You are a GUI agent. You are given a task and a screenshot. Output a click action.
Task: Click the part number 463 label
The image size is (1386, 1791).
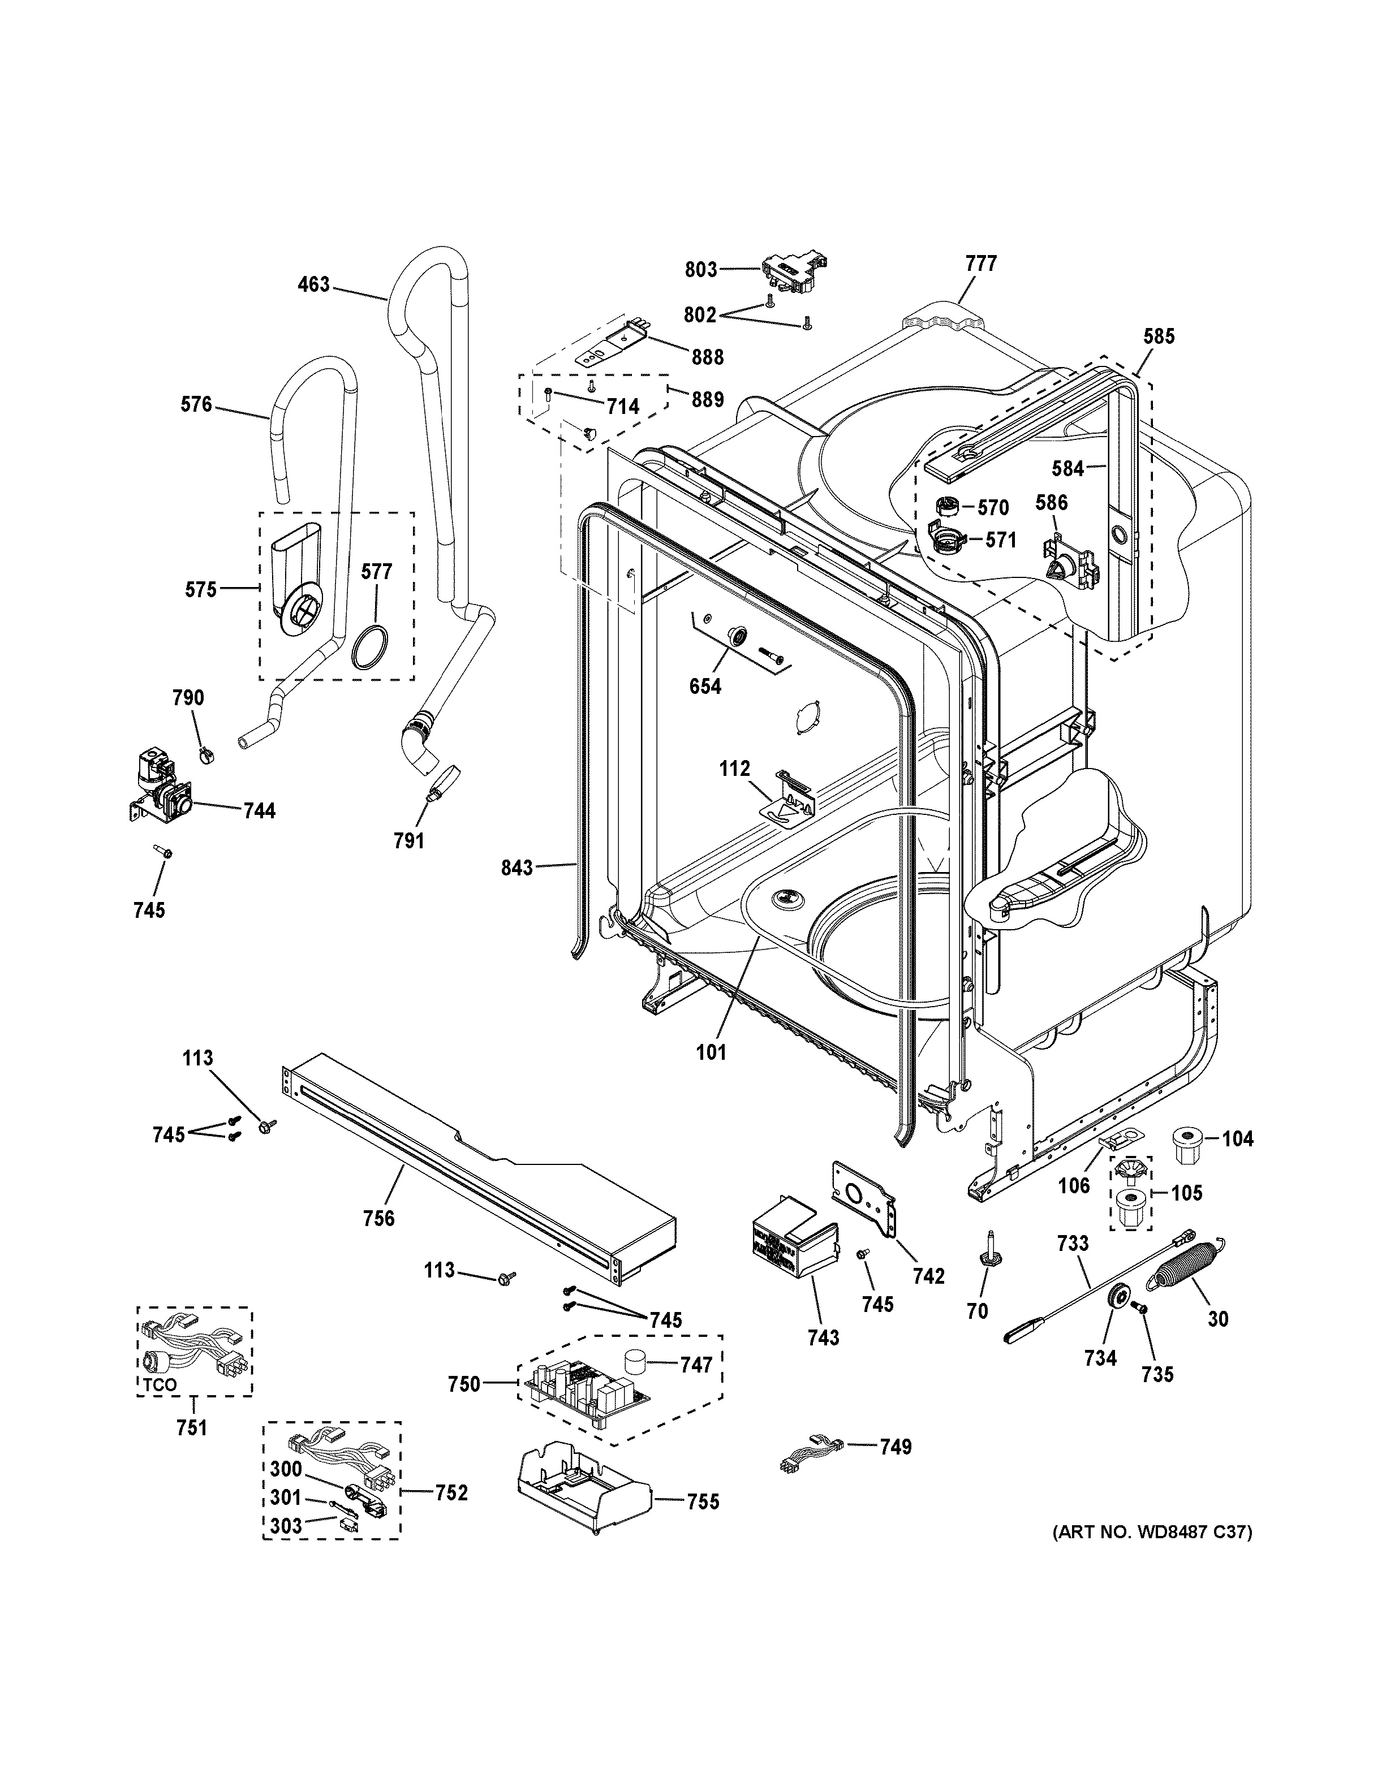313,284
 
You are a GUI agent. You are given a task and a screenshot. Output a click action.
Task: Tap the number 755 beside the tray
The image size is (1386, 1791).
702,1501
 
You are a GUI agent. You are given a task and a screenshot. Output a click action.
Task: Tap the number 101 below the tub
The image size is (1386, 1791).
711,1051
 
